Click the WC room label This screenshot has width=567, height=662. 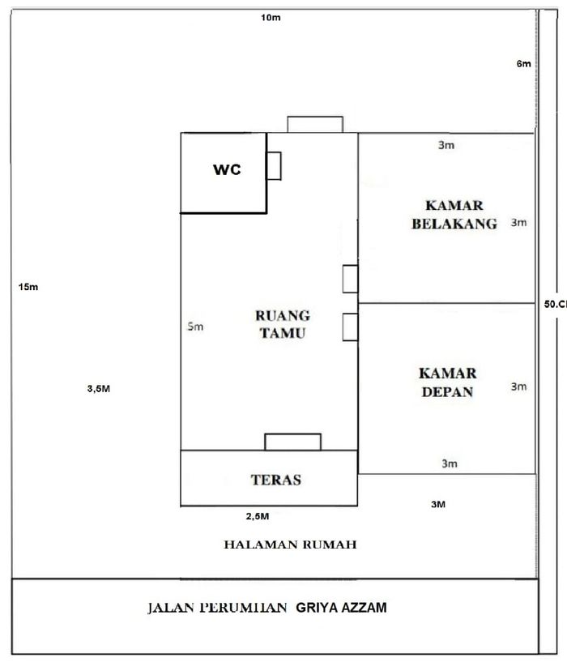pyautogui.click(x=228, y=170)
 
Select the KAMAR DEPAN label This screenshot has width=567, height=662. pyautogui.click(x=447, y=383)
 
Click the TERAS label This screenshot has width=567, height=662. pyautogui.click(x=276, y=480)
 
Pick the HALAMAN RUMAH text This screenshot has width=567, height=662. pyautogui.click(x=290, y=545)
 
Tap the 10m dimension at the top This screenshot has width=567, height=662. pyautogui.click(x=271, y=19)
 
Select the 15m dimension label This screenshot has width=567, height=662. pyautogui.click(x=28, y=287)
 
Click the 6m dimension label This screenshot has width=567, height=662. pyautogui.click(x=523, y=64)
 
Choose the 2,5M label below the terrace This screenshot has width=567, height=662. pyautogui.click(x=257, y=515)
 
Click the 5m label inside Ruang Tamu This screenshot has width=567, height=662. pyautogui.click(x=195, y=326)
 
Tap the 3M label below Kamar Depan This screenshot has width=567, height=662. pyautogui.click(x=438, y=504)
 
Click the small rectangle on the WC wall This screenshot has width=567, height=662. pyautogui.click(x=274, y=165)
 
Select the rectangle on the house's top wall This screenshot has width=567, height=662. pyautogui.click(x=315, y=125)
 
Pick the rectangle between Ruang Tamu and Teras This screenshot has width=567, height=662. pyautogui.click(x=292, y=442)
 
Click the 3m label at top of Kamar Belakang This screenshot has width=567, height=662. pyautogui.click(x=446, y=145)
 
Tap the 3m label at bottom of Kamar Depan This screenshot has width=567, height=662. pyautogui.click(x=450, y=464)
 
